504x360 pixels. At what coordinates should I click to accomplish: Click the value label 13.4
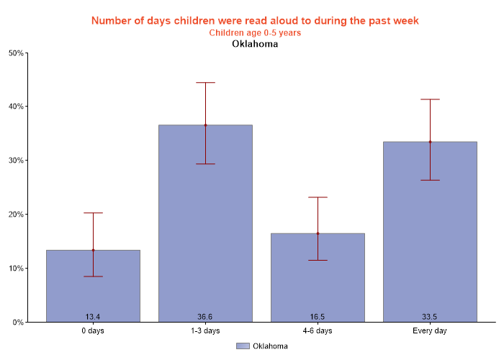point(93,317)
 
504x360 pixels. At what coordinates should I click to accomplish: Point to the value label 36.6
point(205,317)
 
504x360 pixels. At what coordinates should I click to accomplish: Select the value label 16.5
point(318,317)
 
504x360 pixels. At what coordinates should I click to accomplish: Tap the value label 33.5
point(430,317)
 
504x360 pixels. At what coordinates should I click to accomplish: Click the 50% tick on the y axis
point(16,53)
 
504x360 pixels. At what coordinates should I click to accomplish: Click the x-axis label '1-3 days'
point(205,331)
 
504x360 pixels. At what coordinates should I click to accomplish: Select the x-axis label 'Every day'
point(430,331)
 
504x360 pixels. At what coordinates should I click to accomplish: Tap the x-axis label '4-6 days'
point(318,331)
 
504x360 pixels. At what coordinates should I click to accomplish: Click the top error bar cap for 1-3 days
point(205,83)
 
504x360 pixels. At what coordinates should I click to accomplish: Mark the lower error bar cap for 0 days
point(93,276)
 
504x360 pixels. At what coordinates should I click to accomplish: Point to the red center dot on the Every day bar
point(430,142)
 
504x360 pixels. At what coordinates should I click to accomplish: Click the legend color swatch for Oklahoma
point(243,346)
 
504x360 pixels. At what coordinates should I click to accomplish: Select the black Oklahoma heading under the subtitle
point(255,44)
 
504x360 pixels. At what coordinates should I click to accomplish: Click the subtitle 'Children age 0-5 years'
point(255,32)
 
